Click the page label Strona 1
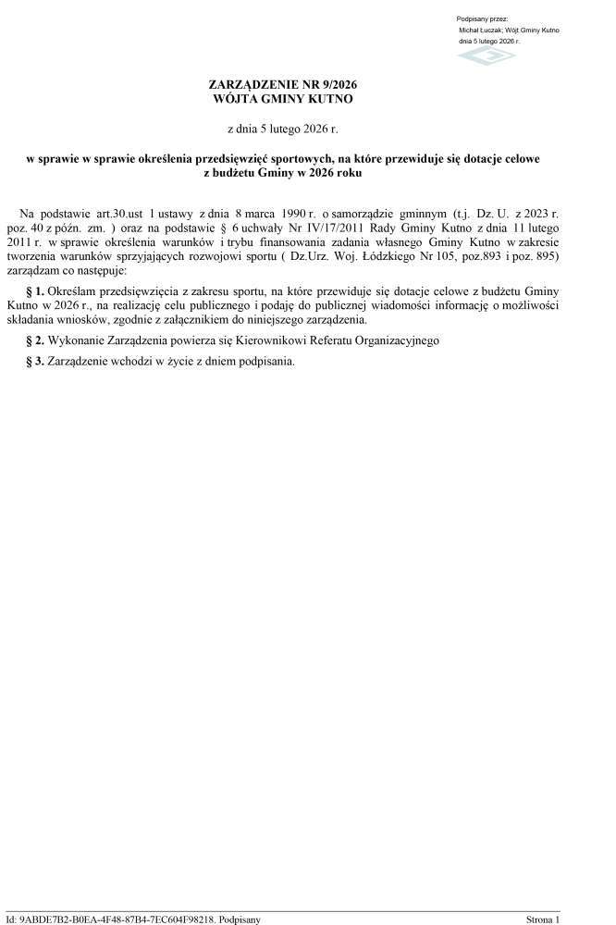pos(543,919)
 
